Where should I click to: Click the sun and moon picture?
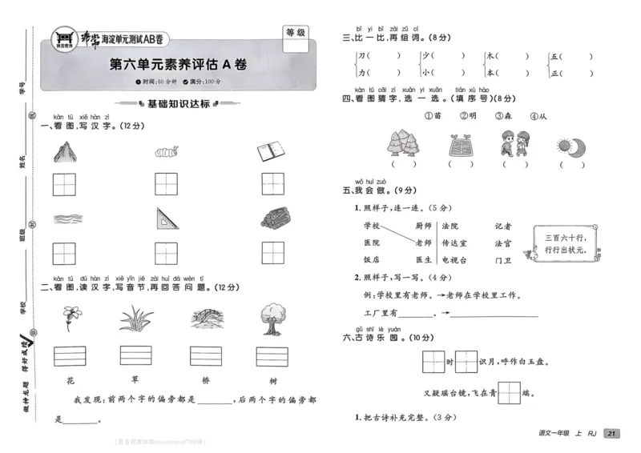tap(571, 145)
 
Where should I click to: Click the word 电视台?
tap(456, 260)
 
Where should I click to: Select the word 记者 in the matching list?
tap(502, 226)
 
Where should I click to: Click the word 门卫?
tap(502, 260)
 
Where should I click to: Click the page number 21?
tap(611, 433)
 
